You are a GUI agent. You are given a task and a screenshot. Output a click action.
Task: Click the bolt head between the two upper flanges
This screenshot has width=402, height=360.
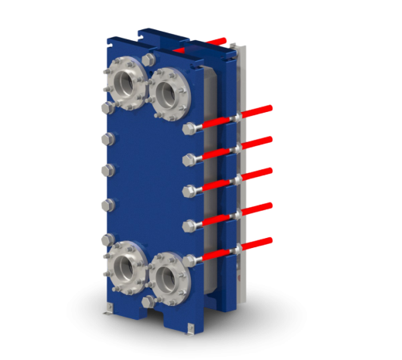tap(147, 60)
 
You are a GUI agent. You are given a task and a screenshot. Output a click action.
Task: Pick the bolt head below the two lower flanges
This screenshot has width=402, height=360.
tap(147, 299)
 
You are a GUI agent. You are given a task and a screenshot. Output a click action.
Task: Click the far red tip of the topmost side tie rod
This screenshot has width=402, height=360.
tap(270, 107)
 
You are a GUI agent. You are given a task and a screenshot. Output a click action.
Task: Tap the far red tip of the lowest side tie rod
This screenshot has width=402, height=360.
tap(270, 239)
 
